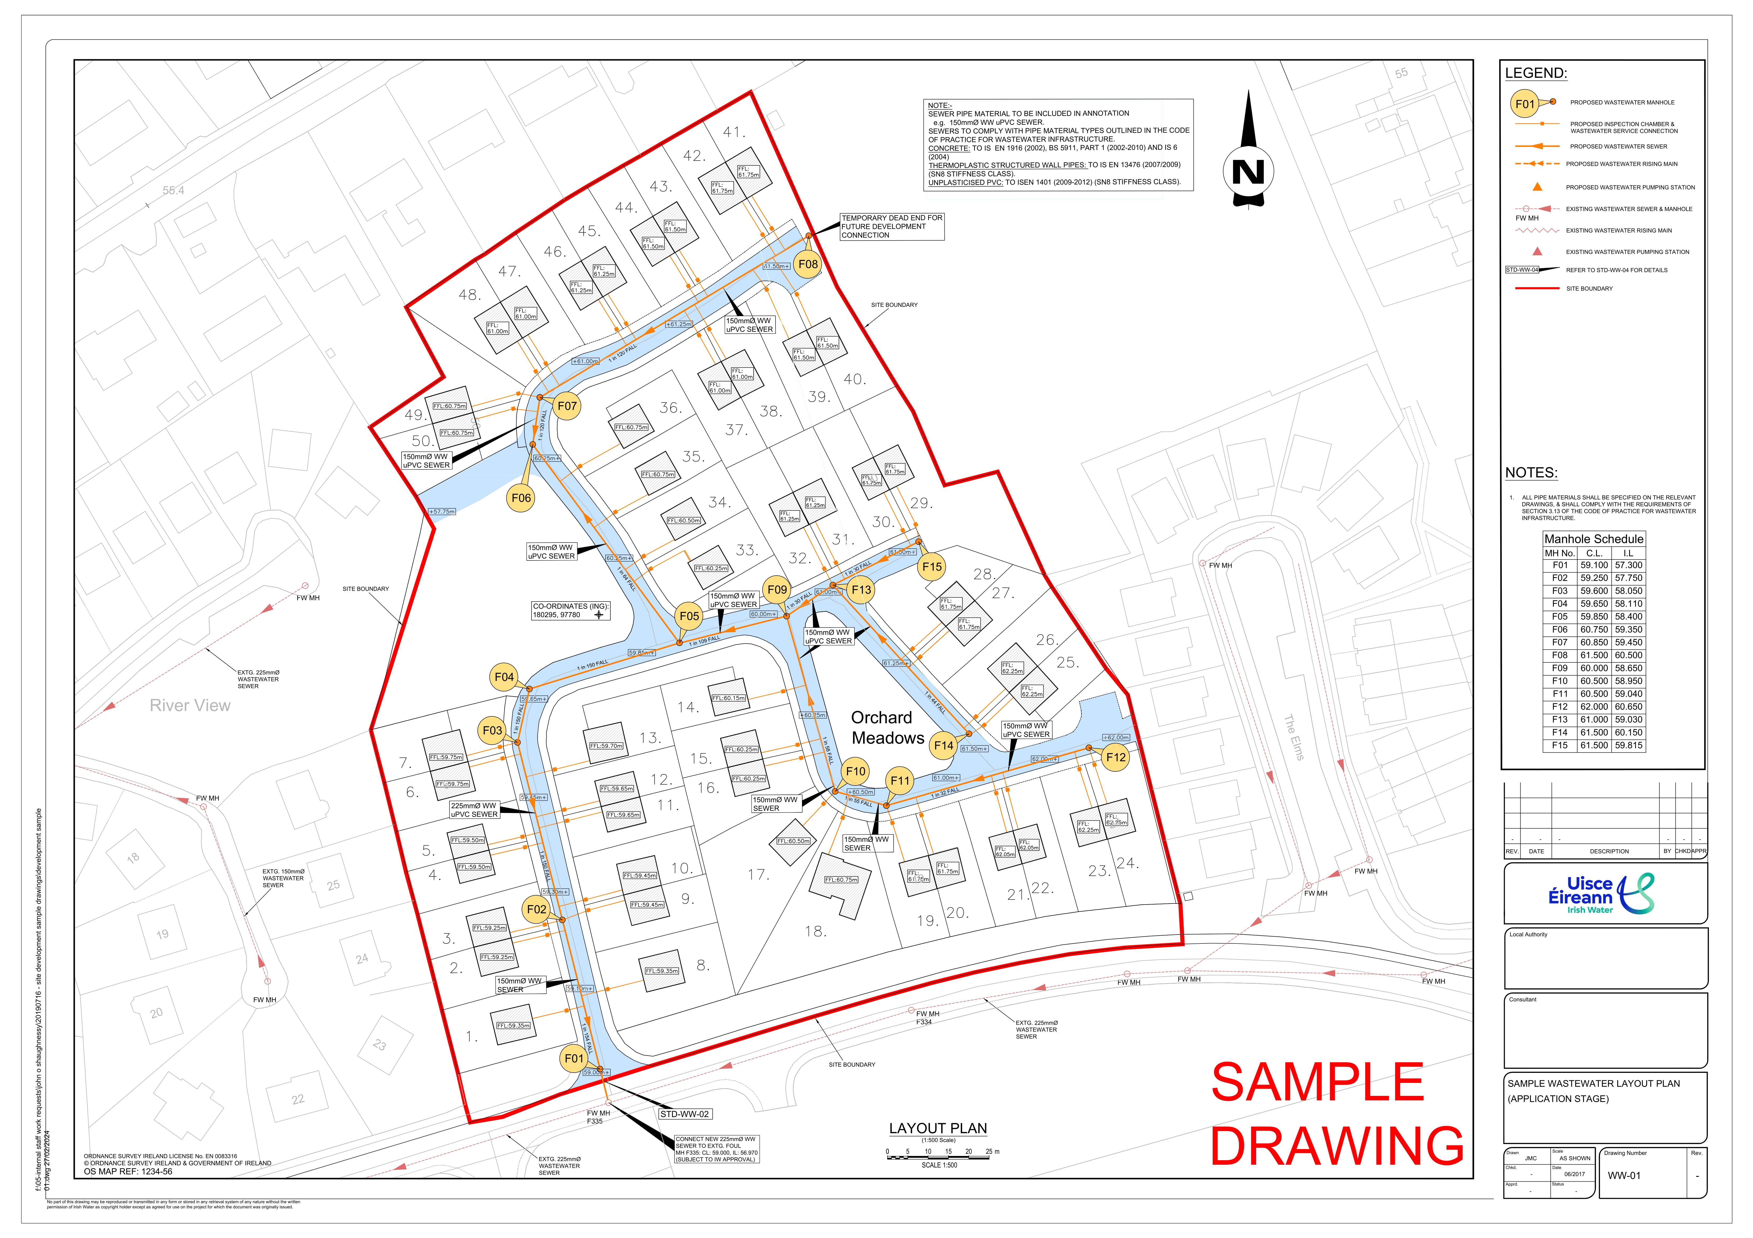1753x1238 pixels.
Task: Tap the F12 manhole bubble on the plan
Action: (x=1115, y=757)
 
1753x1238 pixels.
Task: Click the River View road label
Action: (x=190, y=705)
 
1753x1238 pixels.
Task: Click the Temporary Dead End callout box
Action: (x=892, y=227)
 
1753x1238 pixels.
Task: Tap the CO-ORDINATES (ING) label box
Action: (x=570, y=611)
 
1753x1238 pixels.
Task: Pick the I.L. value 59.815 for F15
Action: (x=1629, y=746)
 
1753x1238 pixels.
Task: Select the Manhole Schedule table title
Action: (x=1593, y=539)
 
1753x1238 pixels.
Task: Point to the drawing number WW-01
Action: (x=1624, y=1176)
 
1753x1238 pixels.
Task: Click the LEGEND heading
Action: (x=1535, y=73)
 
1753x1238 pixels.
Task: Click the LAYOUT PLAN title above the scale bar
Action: (x=938, y=1128)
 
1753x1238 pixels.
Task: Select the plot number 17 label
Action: (x=758, y=875)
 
